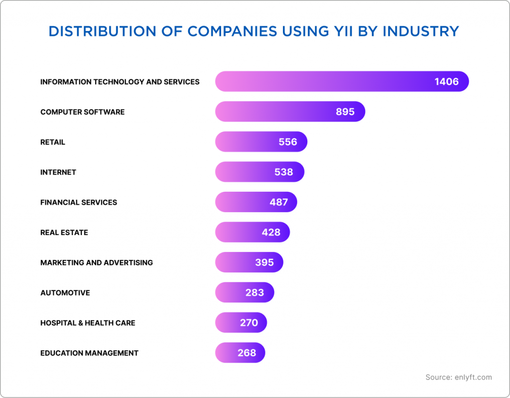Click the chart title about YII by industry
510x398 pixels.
pyautogui.click(x=254, y=31)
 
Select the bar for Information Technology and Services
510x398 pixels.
pyautogui.click(x=342, y=81)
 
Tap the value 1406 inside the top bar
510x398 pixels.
pyautogui.click(x=446, y=82)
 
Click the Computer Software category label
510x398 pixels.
pyautogui.click(x=82, y=112)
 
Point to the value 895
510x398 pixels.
pyautogui.click(x=345, y=112)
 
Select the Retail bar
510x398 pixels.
pyautogui.click(x=261, y=142)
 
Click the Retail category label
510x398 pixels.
pyautogui.click(x=52, y=142)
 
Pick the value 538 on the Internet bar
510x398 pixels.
pyautogui.click(x=283, y=172)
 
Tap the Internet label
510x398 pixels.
pyautogui.click(x=58, y=172)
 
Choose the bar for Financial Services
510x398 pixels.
pyautogui.click(x=256, y=202)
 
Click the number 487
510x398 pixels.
pyautogui.click(x=279, y=202)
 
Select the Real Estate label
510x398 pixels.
pyautogui.click(x=64, y=233)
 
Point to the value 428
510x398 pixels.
pyautogui.click(x=271, y=233)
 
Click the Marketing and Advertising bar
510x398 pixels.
pyautogui.click(x=249, y=263)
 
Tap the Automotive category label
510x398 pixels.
pyautogui.click(x=65, y=293)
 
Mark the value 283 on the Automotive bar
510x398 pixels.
pyautogui.click(x=255, y=293)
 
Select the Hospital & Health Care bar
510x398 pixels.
pyautogui.click(x=241, y=323)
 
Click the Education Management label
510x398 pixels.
pyautogui.click(x=89, y=353)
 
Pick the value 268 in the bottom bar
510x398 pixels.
pyautogui.click(x=247, y=353)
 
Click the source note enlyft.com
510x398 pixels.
pyautogui.click(x=458, y=377)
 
